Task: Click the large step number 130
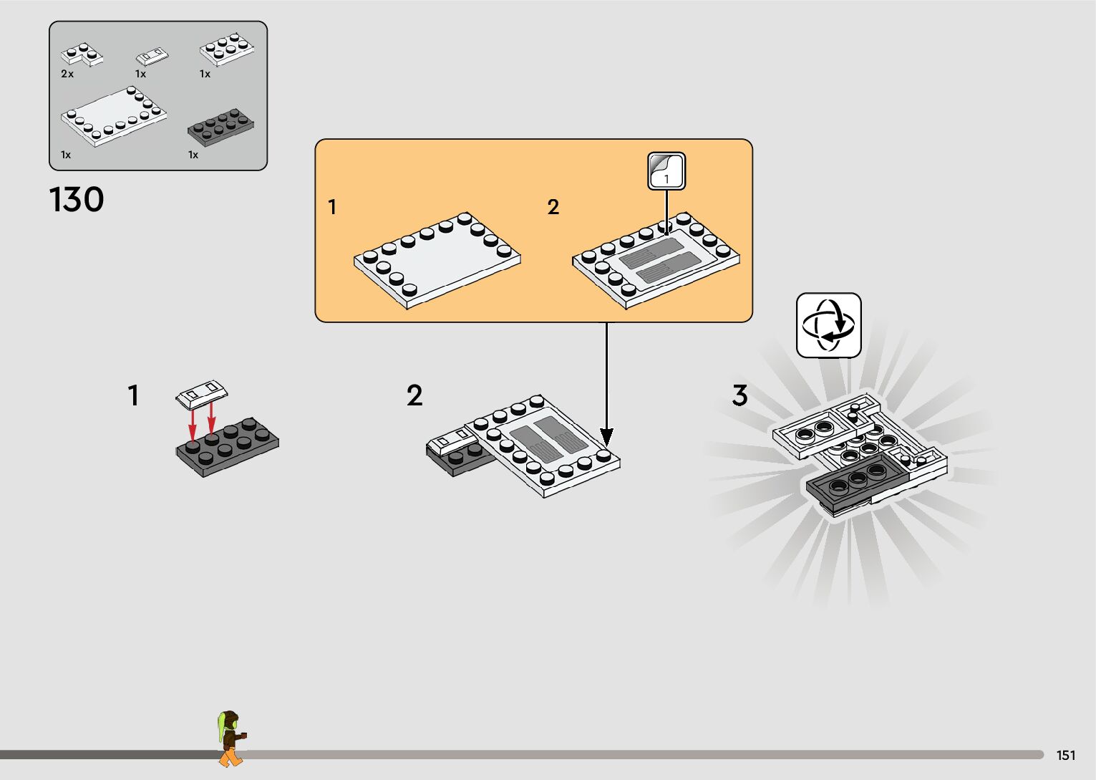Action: click(77, 200)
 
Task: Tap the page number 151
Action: click(1065, 755)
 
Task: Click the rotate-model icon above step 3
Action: click(828, 325)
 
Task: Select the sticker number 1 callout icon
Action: click(666, 171)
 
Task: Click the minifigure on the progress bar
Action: click(230, 738)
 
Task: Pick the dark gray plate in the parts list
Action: click(220, 128)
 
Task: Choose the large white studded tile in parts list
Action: click(114, 116)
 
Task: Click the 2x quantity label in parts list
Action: click(67, 74)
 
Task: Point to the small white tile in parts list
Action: click(152, 56)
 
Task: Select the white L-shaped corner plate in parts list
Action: click(81, 54)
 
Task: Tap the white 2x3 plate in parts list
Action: click(226, 49)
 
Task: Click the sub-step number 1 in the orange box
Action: click(332, 207)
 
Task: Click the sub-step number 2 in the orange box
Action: click(553, 207)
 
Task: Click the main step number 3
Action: click(739, 395)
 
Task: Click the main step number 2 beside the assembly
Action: click(414, 395)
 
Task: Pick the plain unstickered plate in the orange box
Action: click(437, 260)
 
